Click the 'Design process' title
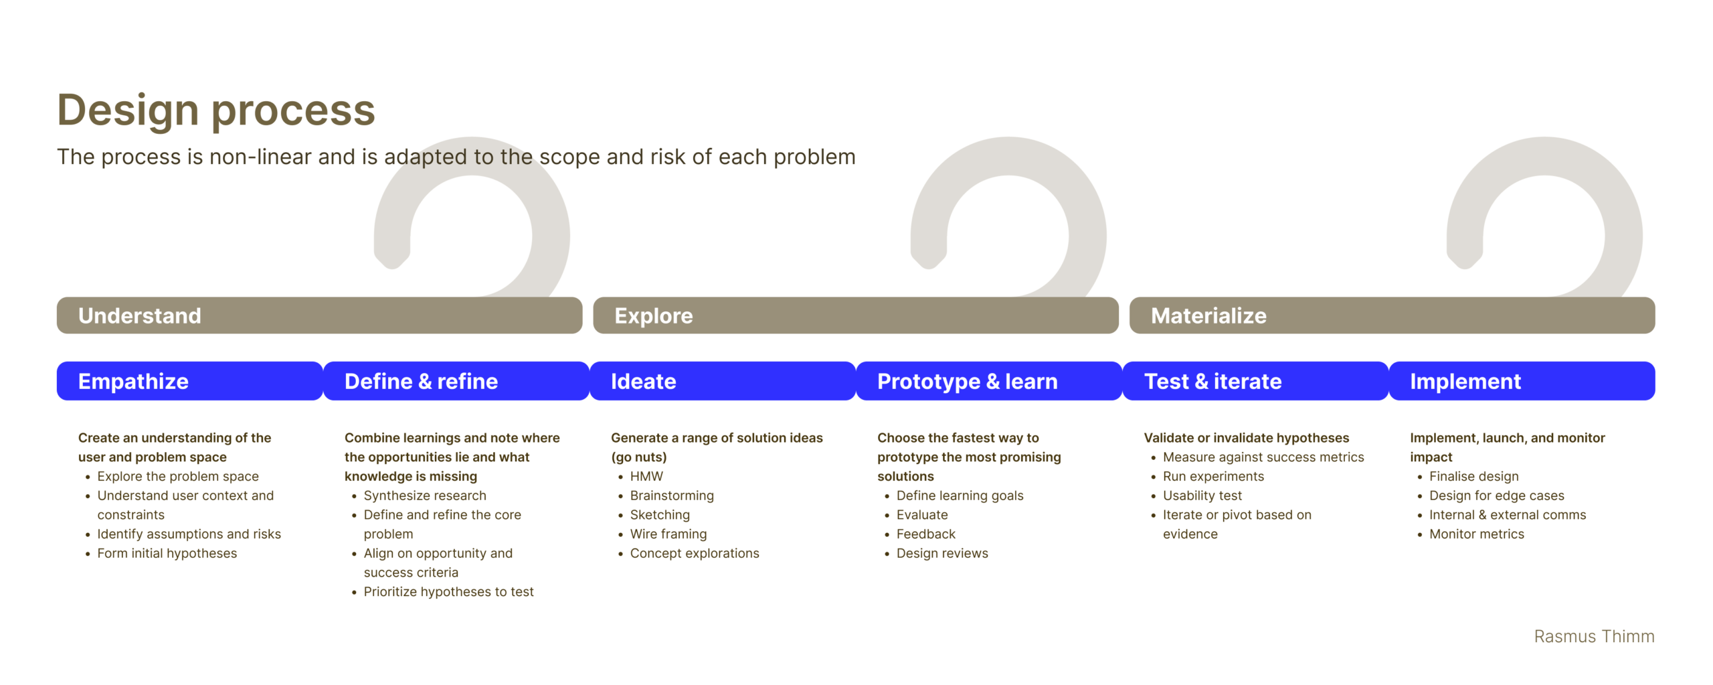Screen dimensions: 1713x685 (215, 110)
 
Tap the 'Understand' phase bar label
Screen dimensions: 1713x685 (139, 315)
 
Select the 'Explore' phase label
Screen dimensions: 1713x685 (653, 315)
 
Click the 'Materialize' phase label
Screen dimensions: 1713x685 (1208, 315)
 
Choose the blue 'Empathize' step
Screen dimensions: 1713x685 (190, 381)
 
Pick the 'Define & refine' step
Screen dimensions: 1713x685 (456, 381)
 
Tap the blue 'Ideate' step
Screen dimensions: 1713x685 (723, 381)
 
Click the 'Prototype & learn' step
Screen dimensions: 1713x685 (989, 381)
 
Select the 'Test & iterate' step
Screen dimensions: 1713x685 (1255, 381)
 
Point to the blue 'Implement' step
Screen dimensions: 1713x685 (1522, 381)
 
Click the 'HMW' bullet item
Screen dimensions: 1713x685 (646, 476)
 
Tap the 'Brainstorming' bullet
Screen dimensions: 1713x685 (672, 496)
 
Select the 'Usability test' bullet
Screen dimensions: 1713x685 (1202, 496)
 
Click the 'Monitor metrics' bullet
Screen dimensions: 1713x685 (1476, 534)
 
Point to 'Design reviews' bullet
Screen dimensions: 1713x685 (942, 553)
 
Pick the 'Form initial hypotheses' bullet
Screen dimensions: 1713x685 (167, 553)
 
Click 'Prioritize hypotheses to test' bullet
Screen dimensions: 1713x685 (448, 592)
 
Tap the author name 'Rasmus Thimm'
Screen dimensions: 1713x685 (1594, 636)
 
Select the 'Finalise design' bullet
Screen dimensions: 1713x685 (1473, 476)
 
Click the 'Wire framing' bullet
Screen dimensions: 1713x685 (668, 534)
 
